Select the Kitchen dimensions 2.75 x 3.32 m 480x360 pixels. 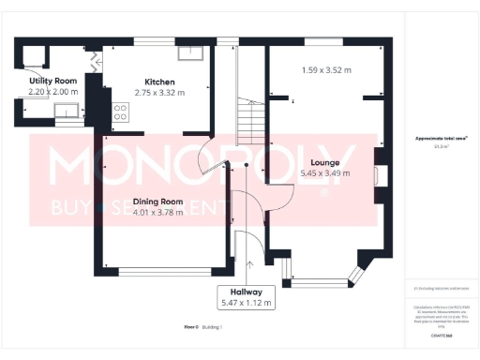158,93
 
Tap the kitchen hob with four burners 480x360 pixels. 120,113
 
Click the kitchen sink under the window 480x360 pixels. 191,52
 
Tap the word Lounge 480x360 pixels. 323,162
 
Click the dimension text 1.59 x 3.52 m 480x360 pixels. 326,70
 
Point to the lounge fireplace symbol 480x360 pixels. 378,175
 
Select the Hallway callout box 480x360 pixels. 246,297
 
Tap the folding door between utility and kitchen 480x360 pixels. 94,62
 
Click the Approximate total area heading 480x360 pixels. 441,138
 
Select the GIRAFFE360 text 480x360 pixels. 441,334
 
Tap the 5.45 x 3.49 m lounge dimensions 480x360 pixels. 324,173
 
